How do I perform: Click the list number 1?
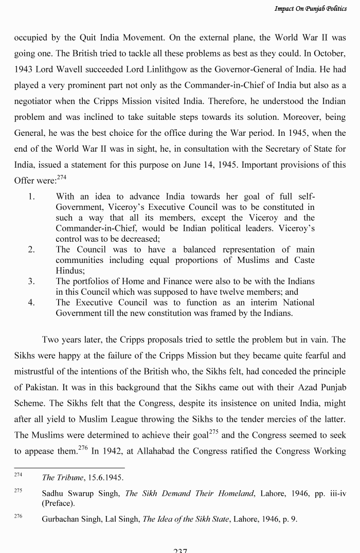(31, 197)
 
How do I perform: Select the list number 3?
(31, 281)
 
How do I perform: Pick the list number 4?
(31, 302)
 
